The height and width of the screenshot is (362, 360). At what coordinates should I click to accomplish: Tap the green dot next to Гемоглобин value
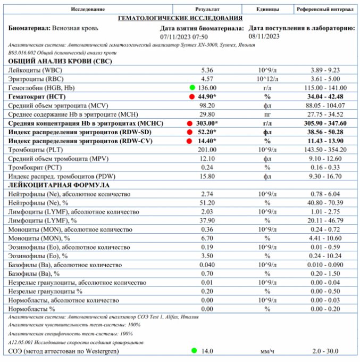(x=192, y=87)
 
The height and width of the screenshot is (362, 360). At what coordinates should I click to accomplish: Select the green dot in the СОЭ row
(x=194, y=351)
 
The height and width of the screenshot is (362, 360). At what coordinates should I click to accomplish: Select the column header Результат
(x=207, y=10)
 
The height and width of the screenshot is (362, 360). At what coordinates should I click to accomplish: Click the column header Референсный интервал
(x=325, y=10)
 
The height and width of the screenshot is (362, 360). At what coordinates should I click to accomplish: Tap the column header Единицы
(x=267, y=10)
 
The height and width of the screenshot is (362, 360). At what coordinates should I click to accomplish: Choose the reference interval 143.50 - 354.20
(x=325, y=150)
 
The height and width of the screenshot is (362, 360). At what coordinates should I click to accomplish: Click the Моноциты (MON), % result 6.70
(x=207, y=238)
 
